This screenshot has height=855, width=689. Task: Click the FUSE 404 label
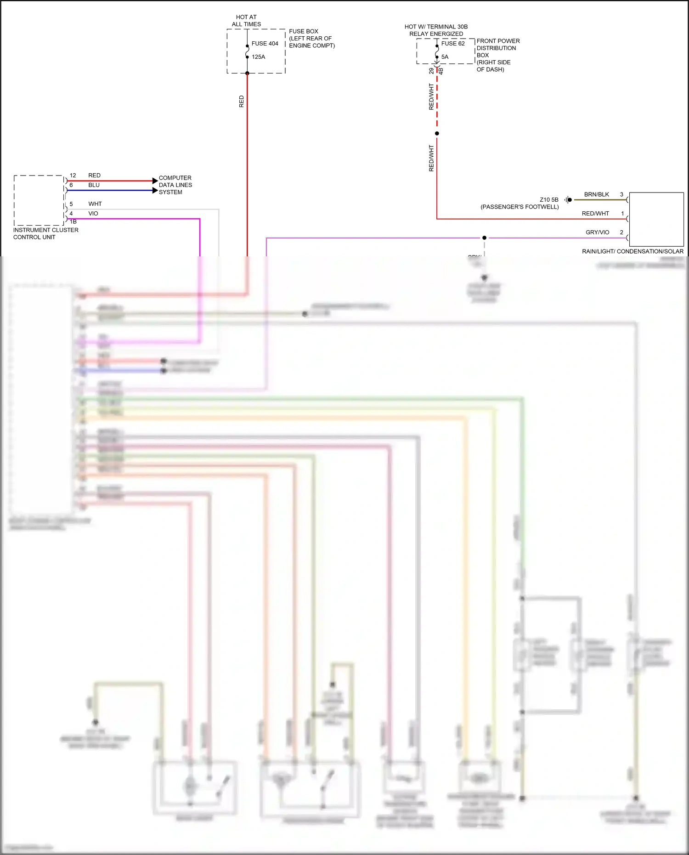click(265, 44)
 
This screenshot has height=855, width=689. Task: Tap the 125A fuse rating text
click(258, 57)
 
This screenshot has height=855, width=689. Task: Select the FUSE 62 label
click(453, 44)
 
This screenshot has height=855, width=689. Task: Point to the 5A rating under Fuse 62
click(445, 57)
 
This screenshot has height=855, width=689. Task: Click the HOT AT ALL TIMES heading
click(246, 21)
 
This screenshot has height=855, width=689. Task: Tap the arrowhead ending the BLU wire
click(155, 190)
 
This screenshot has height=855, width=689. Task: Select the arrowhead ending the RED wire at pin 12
click(155, 181)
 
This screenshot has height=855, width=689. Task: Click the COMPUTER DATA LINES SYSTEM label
click(175, 185)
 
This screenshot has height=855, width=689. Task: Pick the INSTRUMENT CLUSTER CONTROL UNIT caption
click(45, 233)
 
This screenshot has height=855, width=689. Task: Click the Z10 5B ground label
click(549, 200)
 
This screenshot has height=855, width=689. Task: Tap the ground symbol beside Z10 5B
click(569, 200)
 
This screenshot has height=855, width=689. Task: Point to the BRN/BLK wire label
click(596, 194)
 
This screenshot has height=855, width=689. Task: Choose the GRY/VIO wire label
click(597, 232)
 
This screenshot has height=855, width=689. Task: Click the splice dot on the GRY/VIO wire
click(484, 238)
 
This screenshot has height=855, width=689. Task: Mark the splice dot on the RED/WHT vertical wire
click(437, 134)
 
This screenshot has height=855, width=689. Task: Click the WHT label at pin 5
click(95, 204)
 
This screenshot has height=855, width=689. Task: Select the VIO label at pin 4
click(93, 214)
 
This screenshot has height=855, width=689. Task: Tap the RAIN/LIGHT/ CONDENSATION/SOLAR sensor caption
click(633, 251)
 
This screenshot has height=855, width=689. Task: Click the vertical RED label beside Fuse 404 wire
click(242, 102)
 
